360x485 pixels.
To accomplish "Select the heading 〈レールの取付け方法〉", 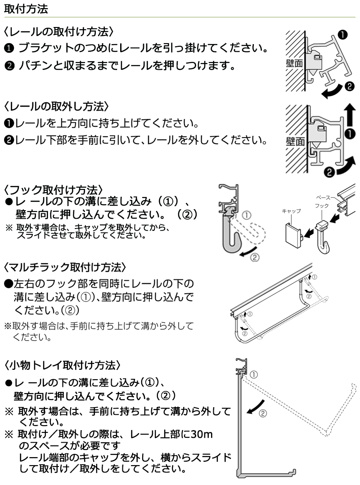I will (58, 32).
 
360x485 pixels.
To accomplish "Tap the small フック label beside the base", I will (322, 205).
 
